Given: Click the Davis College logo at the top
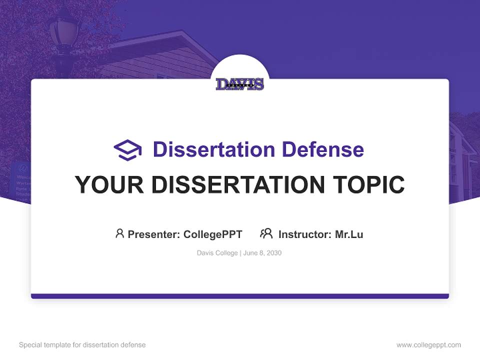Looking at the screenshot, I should tap(240, 84).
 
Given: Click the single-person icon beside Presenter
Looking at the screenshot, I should tap(119, 233).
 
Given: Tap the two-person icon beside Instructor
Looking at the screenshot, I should tap(266, 233).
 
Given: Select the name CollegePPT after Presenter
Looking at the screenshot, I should tap(212, 234).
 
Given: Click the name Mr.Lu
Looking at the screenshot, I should tap(349, 234).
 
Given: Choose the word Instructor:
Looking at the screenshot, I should tap(305, 234).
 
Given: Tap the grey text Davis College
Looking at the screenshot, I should tap(217, 253).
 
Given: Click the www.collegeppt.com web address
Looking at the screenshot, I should tap(428, 345).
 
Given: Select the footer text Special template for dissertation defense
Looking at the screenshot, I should tap(82, 345).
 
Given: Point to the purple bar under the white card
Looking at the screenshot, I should tap(240, 296).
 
